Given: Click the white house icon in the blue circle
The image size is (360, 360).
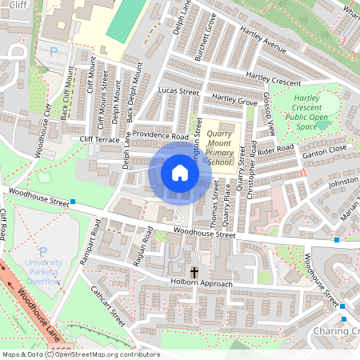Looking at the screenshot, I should click(180, 173).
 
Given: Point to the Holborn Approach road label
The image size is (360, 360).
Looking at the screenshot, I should click(201, 285).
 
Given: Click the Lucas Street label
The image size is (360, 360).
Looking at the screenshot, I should click(178, 92).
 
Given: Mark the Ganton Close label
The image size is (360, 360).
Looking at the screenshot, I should click(324, 149).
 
